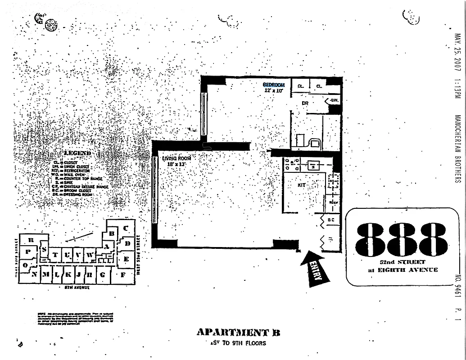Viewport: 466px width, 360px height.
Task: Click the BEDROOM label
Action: (x=274, y=85)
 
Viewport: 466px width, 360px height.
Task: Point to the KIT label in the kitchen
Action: (x=301, y=184)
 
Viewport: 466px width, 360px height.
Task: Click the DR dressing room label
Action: (x=305, y=103)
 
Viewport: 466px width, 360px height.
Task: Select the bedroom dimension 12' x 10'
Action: (x=274, y=90)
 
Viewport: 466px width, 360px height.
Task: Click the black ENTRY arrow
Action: (x=315, y=269)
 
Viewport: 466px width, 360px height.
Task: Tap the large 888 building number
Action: (x=402, y=238)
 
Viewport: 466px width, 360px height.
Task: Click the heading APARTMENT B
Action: (x=238, y=333)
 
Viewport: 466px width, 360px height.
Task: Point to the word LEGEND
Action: (x=77, y=153)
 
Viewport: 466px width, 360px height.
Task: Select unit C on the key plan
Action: (x=126, y=228)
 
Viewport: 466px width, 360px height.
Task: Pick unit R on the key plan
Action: (x=32, y=240)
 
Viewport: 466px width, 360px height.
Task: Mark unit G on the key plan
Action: (x=103, y=274)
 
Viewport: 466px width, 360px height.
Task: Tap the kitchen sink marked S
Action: (x=314, y=166)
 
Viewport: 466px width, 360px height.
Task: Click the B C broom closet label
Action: (x=331, y=220)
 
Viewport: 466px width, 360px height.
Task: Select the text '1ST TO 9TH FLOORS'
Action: (x=238, y=343)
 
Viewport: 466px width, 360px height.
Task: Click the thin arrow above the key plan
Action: (x=79, y=237)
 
